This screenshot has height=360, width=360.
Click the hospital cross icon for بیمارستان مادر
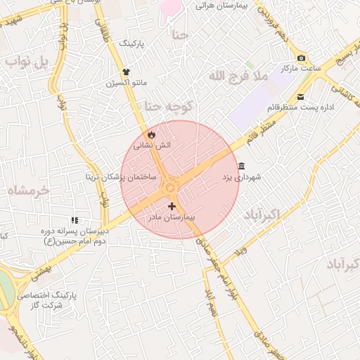coord(172,206)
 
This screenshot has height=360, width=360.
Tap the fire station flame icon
coord(150,134)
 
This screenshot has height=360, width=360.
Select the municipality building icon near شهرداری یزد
coord(242,167)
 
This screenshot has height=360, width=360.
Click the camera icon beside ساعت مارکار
coord(302,58)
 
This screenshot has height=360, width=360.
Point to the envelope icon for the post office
coord(301,96)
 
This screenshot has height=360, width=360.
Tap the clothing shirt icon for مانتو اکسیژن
coord(127,71)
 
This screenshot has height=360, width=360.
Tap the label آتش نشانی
coord(153,144)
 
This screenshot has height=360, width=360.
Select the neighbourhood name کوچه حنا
coord(168,106)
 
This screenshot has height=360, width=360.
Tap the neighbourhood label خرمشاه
coord(27,190)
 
